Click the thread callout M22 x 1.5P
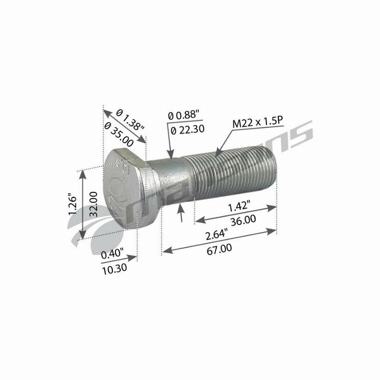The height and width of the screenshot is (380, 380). point(257,123)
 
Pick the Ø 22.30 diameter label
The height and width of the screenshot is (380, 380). point(189,130)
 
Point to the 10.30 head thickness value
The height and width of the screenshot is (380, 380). point(114,269)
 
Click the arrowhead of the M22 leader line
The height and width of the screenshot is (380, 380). point(216,155)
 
